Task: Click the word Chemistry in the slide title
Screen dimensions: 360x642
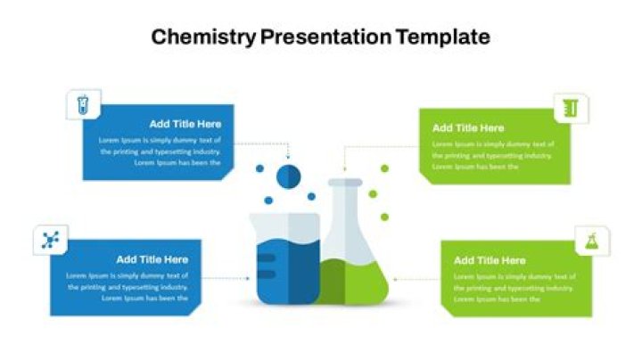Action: [203, 37]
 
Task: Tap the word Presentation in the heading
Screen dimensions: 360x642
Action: [325, 37]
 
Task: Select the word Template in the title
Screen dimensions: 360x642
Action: [443, 37]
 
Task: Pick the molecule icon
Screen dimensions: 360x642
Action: [50, 239]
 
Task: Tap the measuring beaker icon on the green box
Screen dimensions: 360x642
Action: [572, 108]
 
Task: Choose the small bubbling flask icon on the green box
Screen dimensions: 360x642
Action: [591, 240]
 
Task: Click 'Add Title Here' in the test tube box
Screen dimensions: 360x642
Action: [185, 124]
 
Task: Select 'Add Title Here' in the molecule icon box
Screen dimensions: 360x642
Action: [152, 259]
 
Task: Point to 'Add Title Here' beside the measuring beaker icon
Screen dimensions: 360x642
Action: [467, 127]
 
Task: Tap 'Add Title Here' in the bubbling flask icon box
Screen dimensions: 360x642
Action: [489, 260]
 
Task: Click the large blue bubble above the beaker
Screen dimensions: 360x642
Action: [288, 176]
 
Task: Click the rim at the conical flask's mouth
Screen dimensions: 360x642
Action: [345, 183]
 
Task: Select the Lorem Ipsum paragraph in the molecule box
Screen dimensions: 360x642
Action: [127, 287]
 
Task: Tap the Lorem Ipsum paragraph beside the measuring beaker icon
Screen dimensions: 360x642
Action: [492, 155]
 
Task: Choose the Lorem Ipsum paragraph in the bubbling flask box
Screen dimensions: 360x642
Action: [514, 288]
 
